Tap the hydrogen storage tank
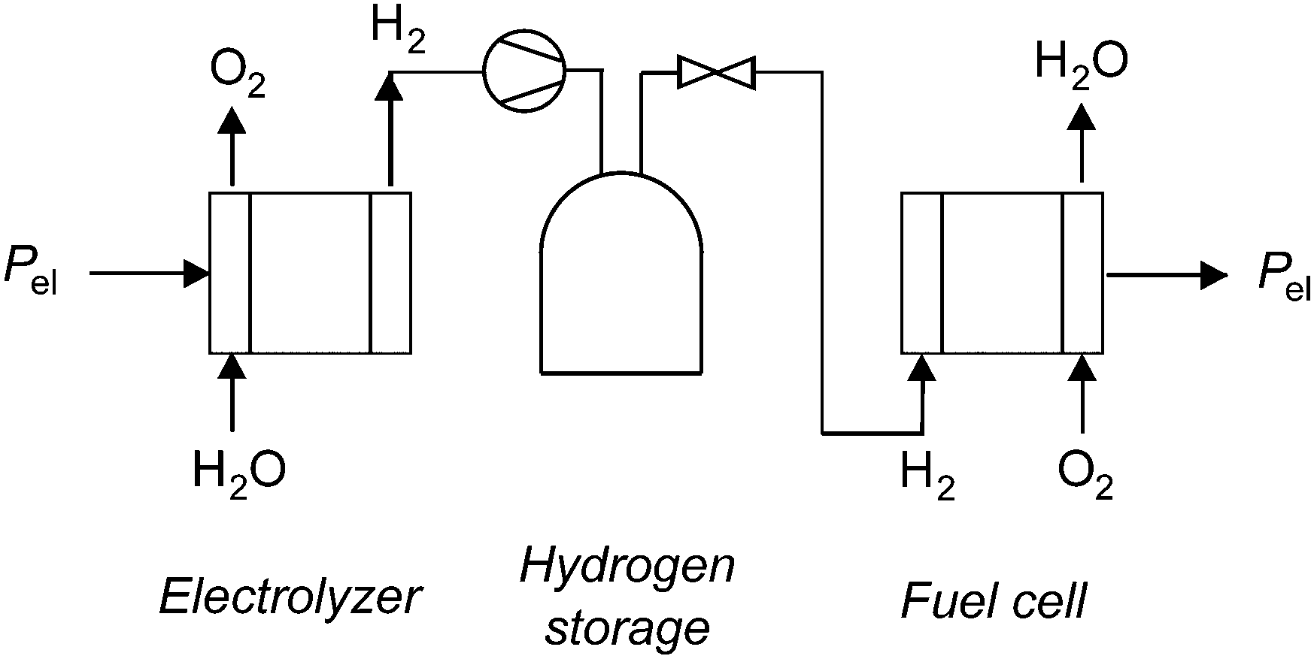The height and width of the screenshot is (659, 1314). (x=621, y=273)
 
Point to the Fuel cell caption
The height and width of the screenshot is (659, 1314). (x=994, y=600)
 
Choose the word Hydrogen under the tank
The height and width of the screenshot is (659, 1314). (x=627, y=568)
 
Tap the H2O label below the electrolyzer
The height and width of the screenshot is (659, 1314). (x=239, y=470)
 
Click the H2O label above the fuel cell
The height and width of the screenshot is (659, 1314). (x=1081, y=62)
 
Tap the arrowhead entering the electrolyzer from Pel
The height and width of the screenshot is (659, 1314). (x=197, y=274)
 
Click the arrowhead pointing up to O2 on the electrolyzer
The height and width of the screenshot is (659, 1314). (x=232, y=119)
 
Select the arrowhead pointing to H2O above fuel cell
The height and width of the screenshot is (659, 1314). (x=1082, y=116)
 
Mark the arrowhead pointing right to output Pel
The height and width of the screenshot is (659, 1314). (x=1214, y=275)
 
